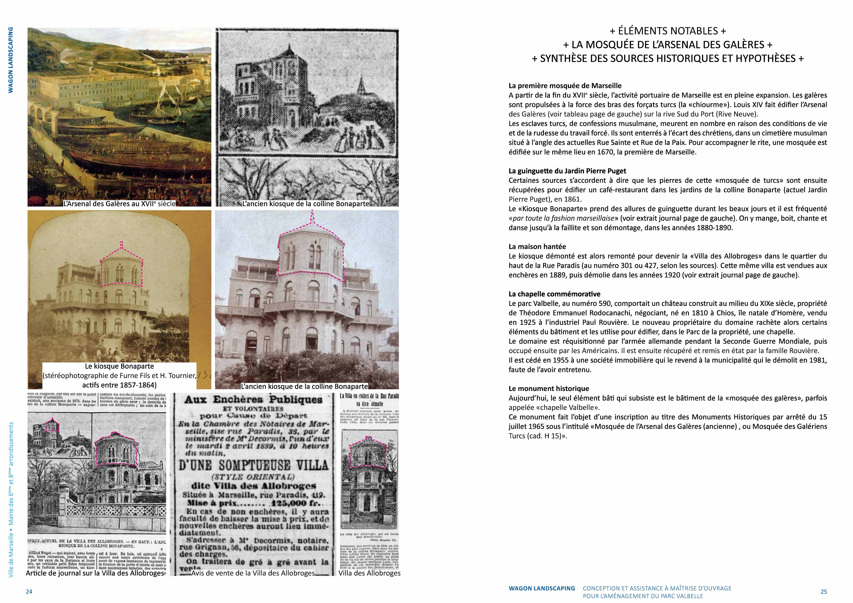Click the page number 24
[x=29, y=591]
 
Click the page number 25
[x=824, y=591]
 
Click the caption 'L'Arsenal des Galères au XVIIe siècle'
[x=119, y=204]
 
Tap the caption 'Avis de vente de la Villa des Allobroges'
[x=253, y=573]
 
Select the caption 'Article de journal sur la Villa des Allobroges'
[x=95, y=573]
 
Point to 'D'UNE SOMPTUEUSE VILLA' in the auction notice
[x=254, y=465]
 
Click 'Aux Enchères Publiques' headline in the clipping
[x=253, y=400]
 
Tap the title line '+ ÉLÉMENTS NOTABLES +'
[x=668, y=31]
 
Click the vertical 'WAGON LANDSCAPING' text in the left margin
[x=11, y=60]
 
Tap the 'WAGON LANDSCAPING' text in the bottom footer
[x=542, y=589]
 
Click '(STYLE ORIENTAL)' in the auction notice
[x=253, y=477]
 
